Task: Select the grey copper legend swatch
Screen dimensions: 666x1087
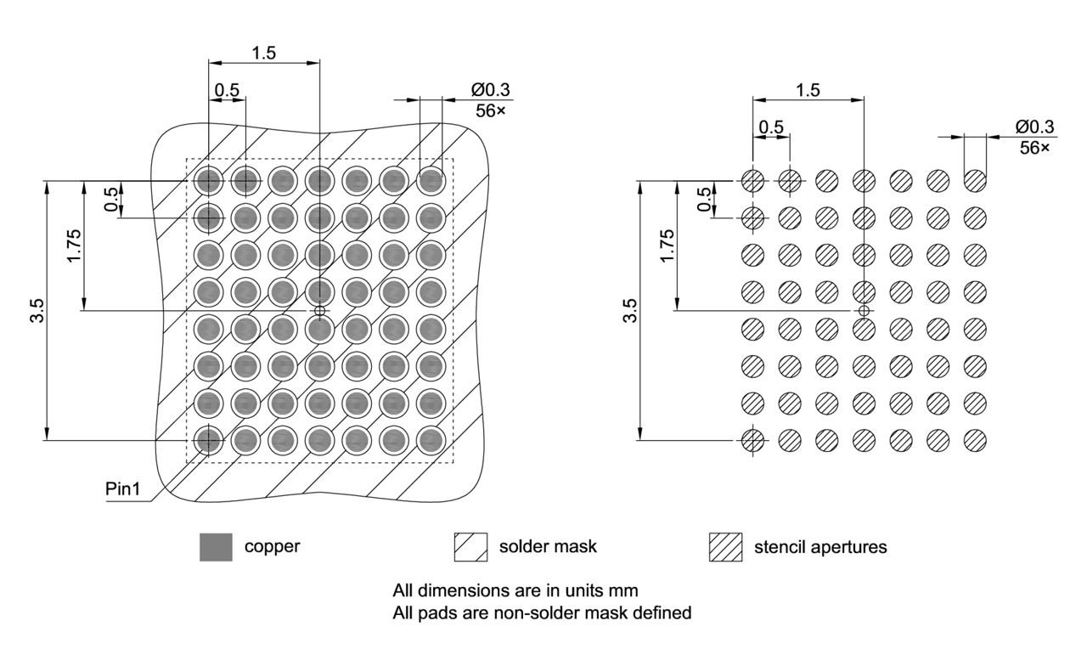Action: [x=215, y=547]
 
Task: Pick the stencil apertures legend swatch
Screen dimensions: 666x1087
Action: [x=725, y=547]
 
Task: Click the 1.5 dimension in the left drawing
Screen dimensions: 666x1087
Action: [x=263, y=52]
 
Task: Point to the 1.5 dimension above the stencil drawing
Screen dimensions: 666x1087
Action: [x=808, y=89]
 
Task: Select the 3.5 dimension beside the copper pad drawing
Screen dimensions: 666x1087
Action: [x=36, y=311]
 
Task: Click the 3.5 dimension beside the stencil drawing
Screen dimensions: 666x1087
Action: [x=629, y=311]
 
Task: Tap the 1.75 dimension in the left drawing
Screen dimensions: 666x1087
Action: [x=75, y=246]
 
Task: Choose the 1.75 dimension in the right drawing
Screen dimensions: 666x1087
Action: [x=667, y=246]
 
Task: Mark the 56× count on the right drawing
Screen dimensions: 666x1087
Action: [x=1034, y=146]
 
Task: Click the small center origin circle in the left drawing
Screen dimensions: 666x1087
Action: [x=319, y=311]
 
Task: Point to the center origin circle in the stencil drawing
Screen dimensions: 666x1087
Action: [x=864, y=311]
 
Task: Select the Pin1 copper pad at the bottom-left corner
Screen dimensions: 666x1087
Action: [x=208, y=440]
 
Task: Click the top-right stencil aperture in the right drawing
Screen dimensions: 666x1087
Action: [x=975, y=180]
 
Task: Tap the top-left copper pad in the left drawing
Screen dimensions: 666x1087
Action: [x=208, y=180]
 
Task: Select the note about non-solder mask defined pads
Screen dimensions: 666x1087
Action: [x=542, y=612]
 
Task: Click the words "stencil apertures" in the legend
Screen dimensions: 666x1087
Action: [x=820, y=547]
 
